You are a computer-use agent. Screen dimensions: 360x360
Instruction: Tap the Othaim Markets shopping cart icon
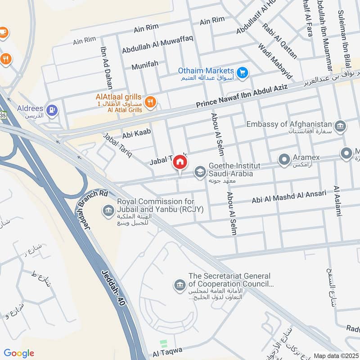[243, 72]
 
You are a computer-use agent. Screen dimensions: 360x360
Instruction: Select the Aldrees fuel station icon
[53, 110]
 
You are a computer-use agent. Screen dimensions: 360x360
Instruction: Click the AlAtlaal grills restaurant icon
[151, 102]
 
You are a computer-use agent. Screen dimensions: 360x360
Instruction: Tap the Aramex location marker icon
[284, 159]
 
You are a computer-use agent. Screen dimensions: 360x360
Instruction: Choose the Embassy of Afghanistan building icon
[341, 125]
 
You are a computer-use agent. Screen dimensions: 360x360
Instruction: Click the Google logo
[19, 353]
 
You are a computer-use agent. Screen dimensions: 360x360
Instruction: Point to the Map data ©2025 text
[335, 355]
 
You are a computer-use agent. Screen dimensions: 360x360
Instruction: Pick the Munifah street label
[145, 65]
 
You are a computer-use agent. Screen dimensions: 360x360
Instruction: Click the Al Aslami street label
[337, 201]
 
